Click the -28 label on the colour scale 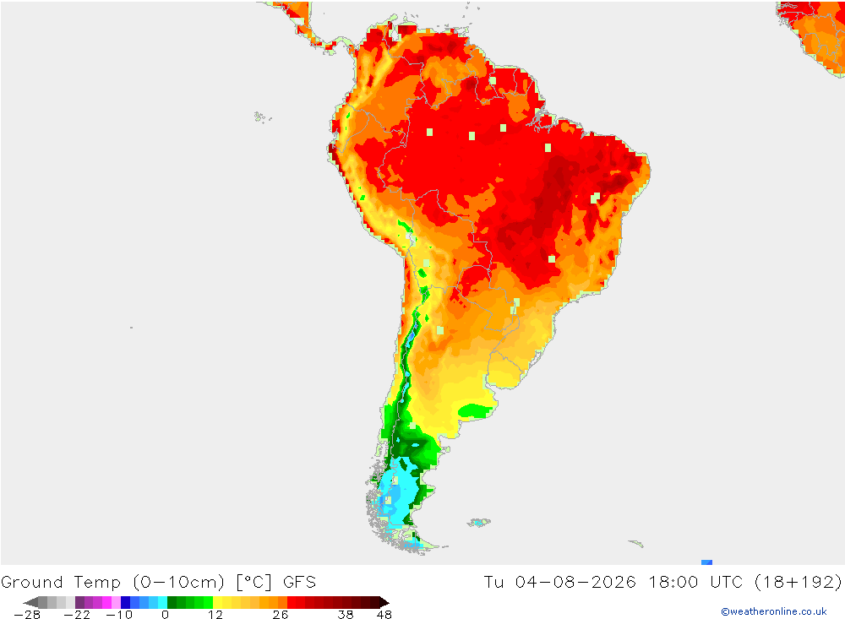pos(27,615)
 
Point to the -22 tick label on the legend pos(77,615)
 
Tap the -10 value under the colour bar pos(119,615)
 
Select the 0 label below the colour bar pos(165,615)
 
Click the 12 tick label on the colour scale pos(215,615)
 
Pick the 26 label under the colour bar pos(281,615)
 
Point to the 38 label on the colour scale pos(346,615)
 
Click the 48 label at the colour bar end pos(384,615)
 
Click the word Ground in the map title pos(32,583)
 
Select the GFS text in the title pos(300,583)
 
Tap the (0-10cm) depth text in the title pos(178,583)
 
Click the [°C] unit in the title pos(253,583)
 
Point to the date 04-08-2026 pos(575,583)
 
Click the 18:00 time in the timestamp pos(673,583)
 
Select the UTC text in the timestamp pos(727,583)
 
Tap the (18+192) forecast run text pos(799,583)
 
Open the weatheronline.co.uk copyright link pos(774,611)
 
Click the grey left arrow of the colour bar pos(31,602)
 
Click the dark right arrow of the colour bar pos(384,602)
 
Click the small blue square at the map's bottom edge pos(707,562)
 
